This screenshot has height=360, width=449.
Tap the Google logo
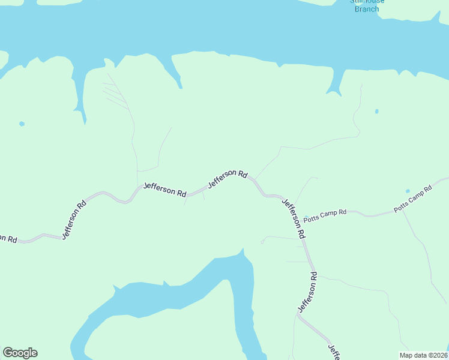[x=20, y=353]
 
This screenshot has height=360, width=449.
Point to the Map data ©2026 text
[x=423, y=355]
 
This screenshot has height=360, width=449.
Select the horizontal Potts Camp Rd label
[x=325, y=213]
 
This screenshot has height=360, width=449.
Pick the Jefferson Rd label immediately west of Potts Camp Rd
[x=294, y=218]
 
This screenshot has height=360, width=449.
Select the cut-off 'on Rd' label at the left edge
[x=8, y=238]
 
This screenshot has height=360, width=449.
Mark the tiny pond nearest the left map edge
[x=22, y=124]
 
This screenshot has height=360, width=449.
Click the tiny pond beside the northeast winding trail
[x=376, y=111]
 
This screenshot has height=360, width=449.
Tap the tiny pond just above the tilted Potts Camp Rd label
[x=408, y=191]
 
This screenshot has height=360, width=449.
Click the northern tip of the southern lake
[x=241, y=253]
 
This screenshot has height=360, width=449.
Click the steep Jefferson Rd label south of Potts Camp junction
[x=307, y=292]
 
